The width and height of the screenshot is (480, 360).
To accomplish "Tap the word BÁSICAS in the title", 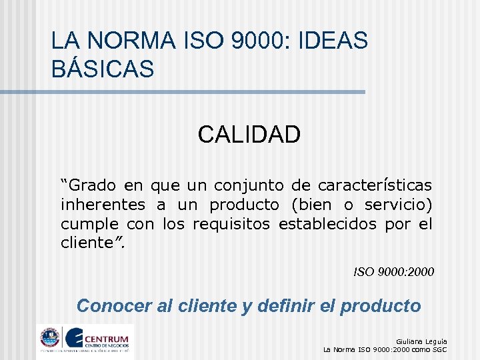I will coord(103,69).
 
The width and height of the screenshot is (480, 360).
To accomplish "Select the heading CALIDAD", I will coord(249,135).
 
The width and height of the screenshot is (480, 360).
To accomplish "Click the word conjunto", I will coord(246,185).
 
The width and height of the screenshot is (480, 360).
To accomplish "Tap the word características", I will coord(375,185).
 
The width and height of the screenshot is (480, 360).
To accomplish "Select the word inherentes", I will coord(103,204).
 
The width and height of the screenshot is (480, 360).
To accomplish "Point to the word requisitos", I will coord(231,223).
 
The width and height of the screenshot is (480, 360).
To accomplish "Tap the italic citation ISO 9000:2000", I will coord(393,272).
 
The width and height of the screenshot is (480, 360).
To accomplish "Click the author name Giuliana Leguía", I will coord(421,341).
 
